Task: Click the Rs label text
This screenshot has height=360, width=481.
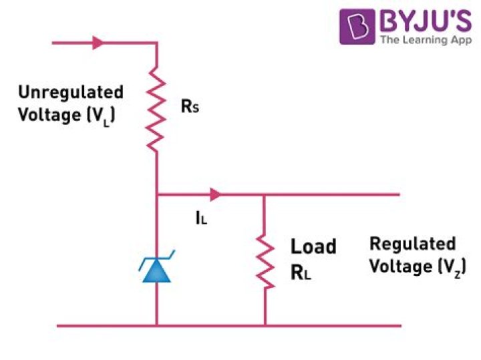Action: pos(190,107)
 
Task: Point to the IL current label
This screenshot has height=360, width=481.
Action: pos(200,217)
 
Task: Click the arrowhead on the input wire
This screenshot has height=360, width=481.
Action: pos(98,43)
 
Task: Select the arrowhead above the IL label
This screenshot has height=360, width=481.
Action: pos(214,195)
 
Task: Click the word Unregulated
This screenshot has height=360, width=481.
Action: pos(71,92)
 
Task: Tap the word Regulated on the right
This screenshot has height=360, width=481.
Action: pos(413,244)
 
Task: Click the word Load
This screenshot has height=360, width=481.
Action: pos(313,246)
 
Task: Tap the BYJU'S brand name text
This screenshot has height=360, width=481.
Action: pos(425,21)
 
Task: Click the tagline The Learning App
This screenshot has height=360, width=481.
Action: pos(425,41)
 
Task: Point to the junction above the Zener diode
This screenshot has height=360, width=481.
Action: pos(157,195)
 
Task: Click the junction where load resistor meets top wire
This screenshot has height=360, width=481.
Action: pos(265,195)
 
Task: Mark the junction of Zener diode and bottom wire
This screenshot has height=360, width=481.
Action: pos(157,326)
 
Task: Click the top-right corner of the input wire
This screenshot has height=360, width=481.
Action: pos(157,43)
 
